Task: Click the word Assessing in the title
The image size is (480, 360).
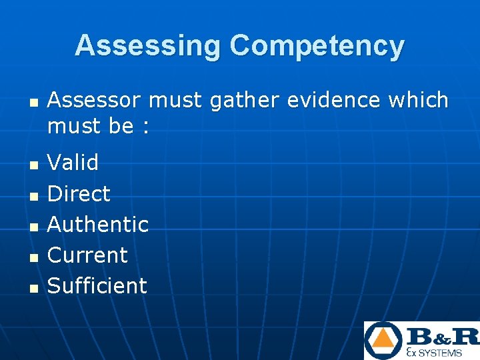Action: coord(149,45)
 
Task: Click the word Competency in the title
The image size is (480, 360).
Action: coord(317,47)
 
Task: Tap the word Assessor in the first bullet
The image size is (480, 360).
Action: coord(95,101)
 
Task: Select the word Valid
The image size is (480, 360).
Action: coord(73,162)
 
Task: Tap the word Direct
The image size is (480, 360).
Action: coord(79,193)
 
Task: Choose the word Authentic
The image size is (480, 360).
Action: coord(98,224)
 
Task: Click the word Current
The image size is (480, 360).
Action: coord(87,255)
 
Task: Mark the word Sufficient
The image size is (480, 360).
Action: coord(97,285)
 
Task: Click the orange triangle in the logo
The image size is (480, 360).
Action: coord(383,342)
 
